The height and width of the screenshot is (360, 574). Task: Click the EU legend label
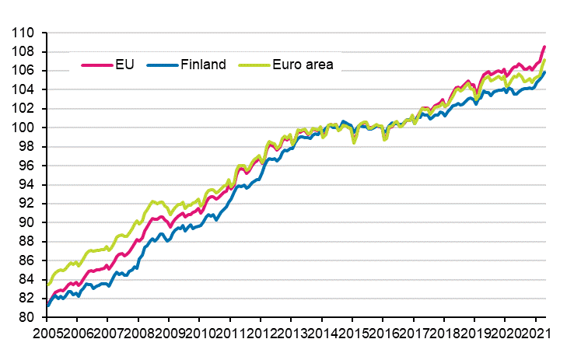pos(124,65)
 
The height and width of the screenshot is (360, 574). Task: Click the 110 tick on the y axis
pos(25,33)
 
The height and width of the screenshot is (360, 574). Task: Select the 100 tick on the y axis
pos(25,128)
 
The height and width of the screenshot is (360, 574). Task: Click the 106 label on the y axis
pos(25,71)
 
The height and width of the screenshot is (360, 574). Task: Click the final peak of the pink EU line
pos(544,47)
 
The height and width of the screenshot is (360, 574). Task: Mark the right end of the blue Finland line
pos(544,72)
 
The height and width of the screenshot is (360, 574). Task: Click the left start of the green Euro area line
pos(48,285)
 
